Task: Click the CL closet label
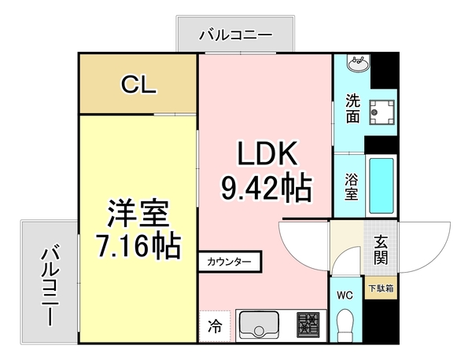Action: coord(137,84)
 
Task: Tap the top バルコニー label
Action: coord(235,35)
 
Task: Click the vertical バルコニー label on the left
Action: coord(50,286)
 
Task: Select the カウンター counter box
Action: coord(230,261)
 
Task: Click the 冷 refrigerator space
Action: coord(215,324)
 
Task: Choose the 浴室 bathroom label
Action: coord(351,188)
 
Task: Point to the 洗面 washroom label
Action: coord(352,109)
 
